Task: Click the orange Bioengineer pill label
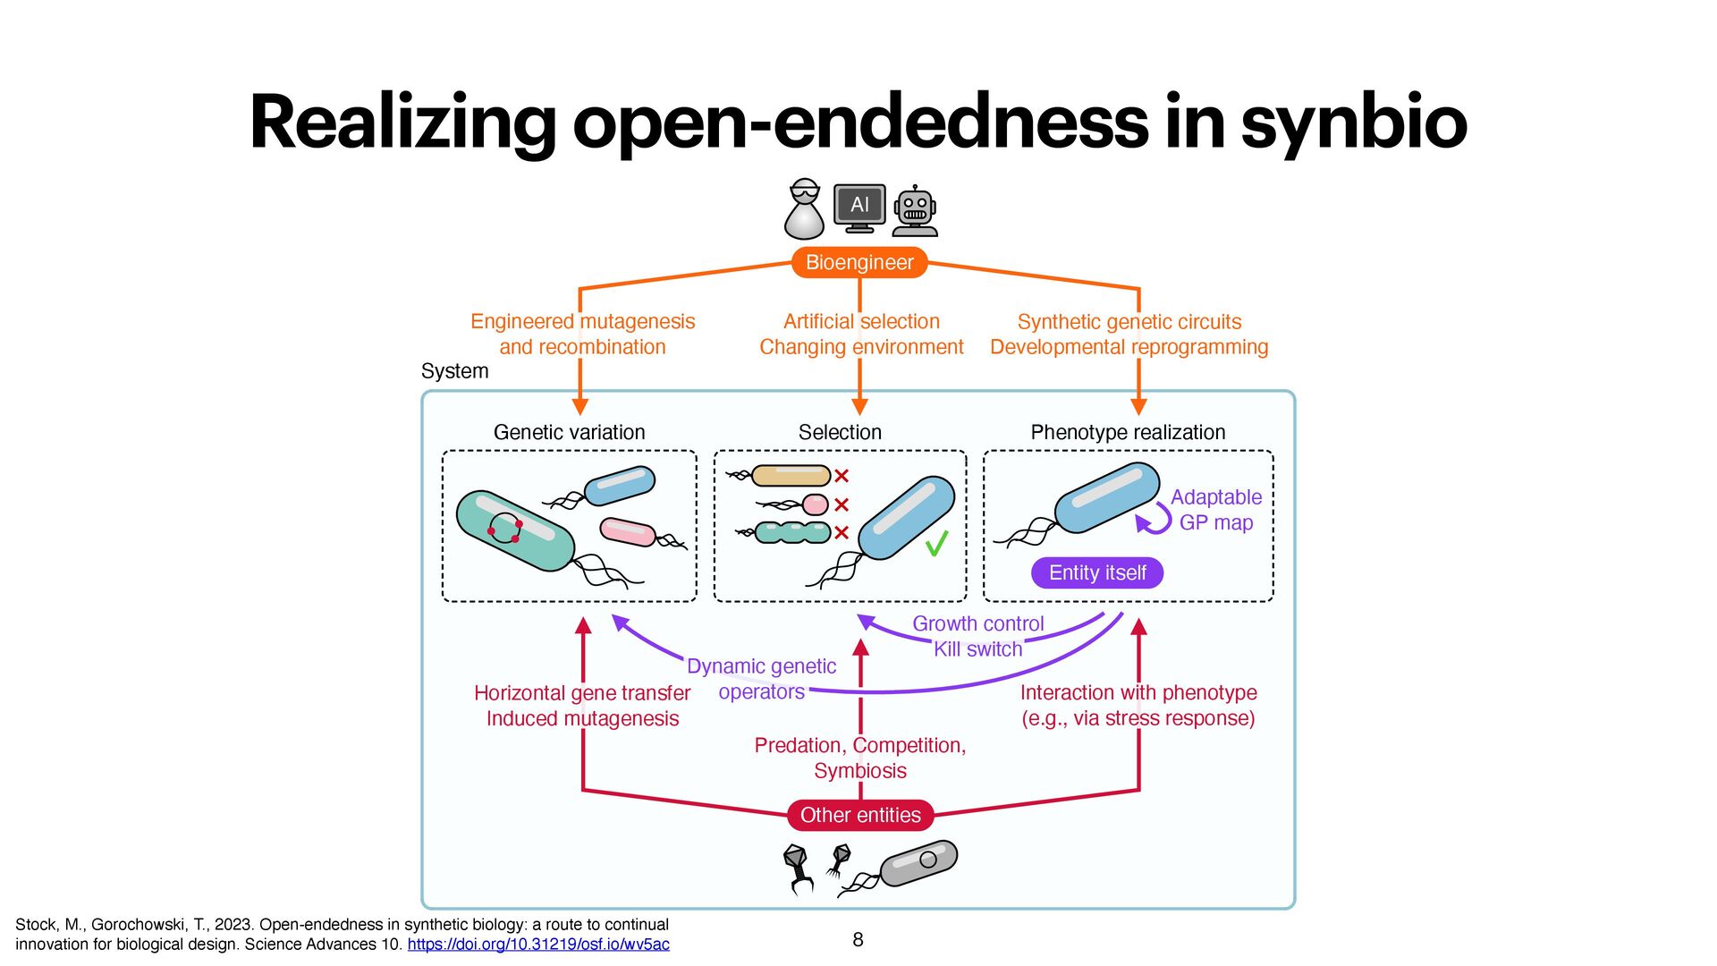pyautogui.click(x=858, y=262)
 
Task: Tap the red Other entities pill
pyautogui.click(x=859, y=815)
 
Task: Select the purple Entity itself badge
pyautogui.click(x=1096, y=572)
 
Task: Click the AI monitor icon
pyautogui.click(x=858, y=207)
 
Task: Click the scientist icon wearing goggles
pyautogui.click(x=804, y=209)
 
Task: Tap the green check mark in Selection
pyautogui.click(x=936, y=543)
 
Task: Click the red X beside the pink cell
pyautogui.click(x=841, y=505)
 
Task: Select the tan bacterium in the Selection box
pyautogui.click(x=791, y=476)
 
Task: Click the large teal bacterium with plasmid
pyautogui.click(x=514, y=530)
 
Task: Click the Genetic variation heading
pyautogui.click(x=569, y=432)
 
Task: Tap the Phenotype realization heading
pyautogui.click(x=1128, y=432)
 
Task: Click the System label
pyautogui.click(x=454, y=371)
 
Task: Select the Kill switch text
pyautogui.click(x=977, y=649)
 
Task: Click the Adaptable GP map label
pyautogui.click(x=1215, y=510)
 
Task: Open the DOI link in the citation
pyautogui.click(x=537, y=945)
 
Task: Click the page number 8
pyautogui.click(x=858, y=939)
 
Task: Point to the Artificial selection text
pyautogui.click(x=861, y=321)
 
